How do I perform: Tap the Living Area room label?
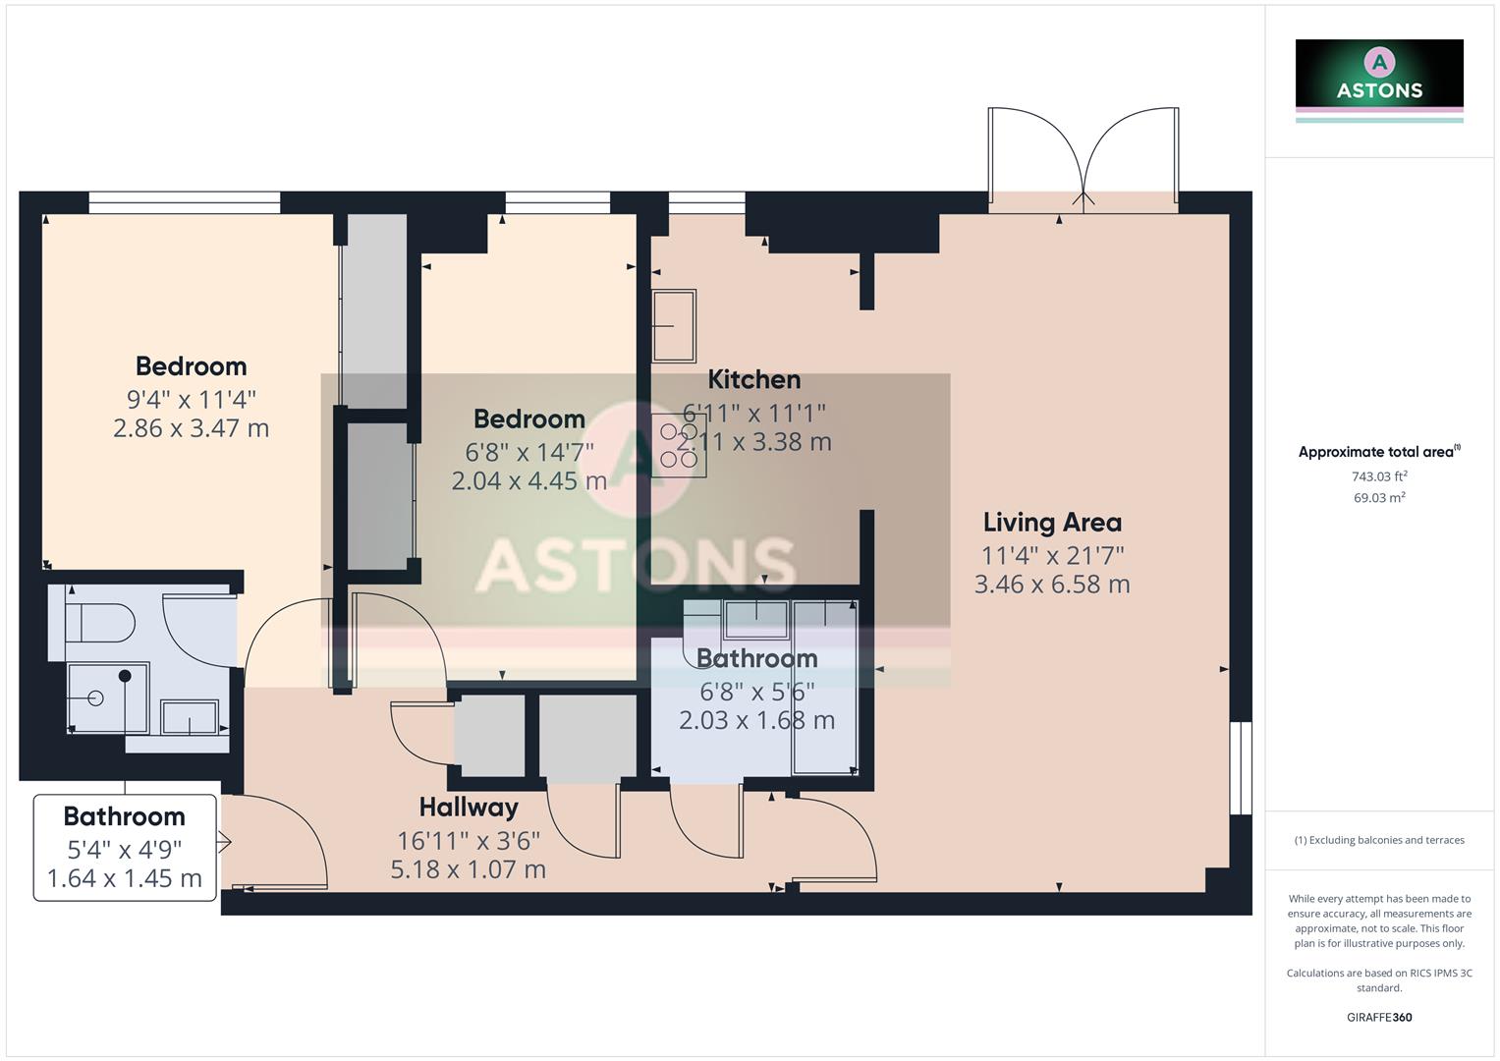(1052, 523)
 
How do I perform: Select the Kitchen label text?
(753, 379)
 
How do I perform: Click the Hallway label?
(469, 808)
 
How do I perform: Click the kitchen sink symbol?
(675, 325)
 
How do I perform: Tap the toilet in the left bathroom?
(98, 623)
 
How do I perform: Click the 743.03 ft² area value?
(1379, 476)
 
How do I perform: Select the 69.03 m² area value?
(1379, 498)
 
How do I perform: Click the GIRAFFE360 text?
(1379, 1017)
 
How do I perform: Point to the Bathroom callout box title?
(125, 816)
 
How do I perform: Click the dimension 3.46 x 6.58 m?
(1052, 585)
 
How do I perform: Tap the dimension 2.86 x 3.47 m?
(191, 428)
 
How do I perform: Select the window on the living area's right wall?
(1242, 767)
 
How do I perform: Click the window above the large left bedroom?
(184, 203)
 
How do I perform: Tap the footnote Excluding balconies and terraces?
(1379, 840)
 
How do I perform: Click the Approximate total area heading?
(1377, 452)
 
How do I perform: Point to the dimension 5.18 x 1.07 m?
(469, 869)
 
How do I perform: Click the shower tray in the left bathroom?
(107, 698)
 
